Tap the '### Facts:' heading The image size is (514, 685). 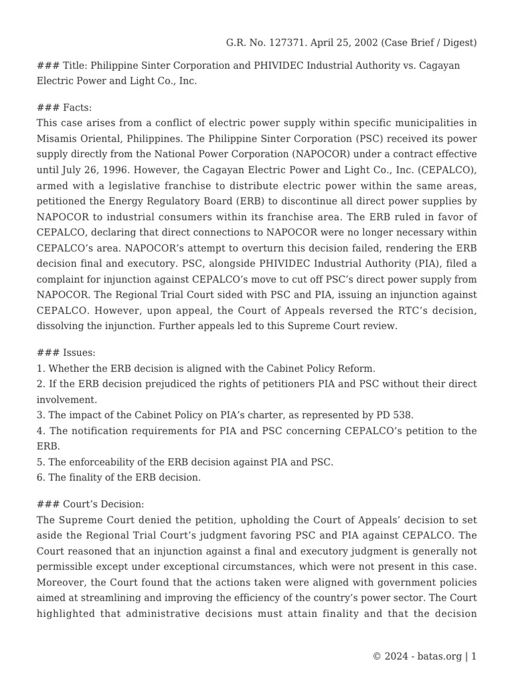coord(64,108)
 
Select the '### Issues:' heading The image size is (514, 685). coord(66,353)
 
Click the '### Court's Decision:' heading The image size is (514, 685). coord(90,504)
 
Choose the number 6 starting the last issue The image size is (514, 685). coord(40,478)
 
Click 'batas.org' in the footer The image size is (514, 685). coord(440,656)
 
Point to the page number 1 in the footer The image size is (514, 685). coord(474,656)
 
